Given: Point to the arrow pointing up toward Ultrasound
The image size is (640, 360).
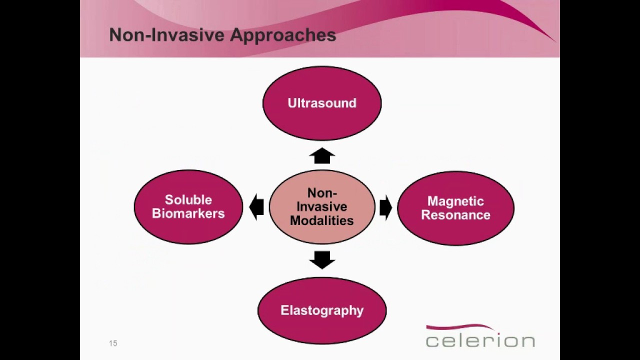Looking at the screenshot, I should pos(322,156).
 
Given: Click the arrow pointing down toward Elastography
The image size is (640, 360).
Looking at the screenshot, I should pos(322,259).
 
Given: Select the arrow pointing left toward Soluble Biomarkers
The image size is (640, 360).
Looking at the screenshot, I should pos(256,207).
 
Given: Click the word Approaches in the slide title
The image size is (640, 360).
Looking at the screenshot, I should pos(283,35).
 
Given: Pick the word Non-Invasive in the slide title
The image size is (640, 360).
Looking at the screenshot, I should pos(167,35).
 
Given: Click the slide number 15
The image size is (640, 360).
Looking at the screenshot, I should pos(113,343).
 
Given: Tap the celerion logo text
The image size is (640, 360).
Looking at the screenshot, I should pos(480,341).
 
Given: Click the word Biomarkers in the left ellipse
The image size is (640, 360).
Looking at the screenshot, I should pos(188,213).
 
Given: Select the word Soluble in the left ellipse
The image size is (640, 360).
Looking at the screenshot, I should pos(188,200).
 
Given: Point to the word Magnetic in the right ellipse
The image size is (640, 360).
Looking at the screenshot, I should pos(455,201).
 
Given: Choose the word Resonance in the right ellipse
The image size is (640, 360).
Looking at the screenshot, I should pos(455,215).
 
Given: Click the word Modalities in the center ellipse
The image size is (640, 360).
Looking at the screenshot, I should pos(322,220).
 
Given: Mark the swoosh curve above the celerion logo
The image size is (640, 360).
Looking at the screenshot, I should pos(460,327).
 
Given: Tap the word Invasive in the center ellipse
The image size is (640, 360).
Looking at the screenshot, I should pos(322,206).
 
